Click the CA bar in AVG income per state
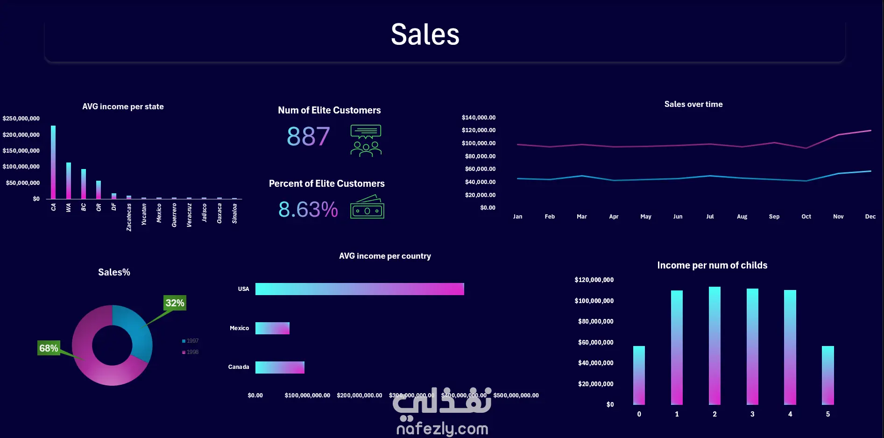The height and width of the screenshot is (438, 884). pyautogui.click(x=53, y=162)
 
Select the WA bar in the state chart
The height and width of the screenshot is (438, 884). pyautogui.click(x=69, y=181)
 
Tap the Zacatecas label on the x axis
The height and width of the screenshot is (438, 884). pyautogui.click(x=129, y=217)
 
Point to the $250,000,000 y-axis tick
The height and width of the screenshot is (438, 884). pyautogui.click(x=21, y=119)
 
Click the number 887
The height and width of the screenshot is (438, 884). pyautogui.click(x=308, y=136)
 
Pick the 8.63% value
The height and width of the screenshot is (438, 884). pyautogui.click(x=308, y=209)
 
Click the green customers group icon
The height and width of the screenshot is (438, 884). pyautogui.click(x=366, y=141)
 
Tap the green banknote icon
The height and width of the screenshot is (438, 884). pyautogui.click(x=367, y=207)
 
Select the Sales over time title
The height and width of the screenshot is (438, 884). pyautogui.click(x=693, y=104)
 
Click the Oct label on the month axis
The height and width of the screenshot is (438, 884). pyautogui.click(x=806, y=217)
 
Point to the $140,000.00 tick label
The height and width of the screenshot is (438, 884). pyautogui.click(x=479, y=118)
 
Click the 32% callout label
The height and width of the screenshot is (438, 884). pyautogui.click(x=175, y=303)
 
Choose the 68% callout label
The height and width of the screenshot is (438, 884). pyautogui.click(x=49, y=348)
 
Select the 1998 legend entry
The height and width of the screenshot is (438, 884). pyautogui.click(x=191, y=352)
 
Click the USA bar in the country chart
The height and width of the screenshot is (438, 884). pyautogui.click(x=360, y=289)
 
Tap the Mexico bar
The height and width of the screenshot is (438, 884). pyautogui.click(x=272, y=328)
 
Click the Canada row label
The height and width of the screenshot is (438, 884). pyautogui.click(x=239, y=367)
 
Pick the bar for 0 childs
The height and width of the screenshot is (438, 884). pyautogui.click(x=639, y=375)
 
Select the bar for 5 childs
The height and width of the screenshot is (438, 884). pyautogui.click(x=827, y=375)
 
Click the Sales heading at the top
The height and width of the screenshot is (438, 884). pyautogui.click(x=425, y=35)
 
